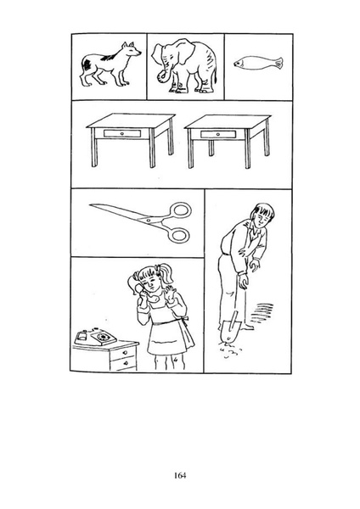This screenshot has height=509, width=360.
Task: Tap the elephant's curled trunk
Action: point(162,76)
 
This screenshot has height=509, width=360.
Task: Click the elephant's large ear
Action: point(184,51)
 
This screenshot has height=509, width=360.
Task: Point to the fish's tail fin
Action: point(278,63)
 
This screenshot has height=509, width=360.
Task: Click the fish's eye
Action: point(239,64)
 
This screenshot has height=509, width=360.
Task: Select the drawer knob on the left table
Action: point(121,133)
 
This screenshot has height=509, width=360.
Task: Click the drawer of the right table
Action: point(218,134)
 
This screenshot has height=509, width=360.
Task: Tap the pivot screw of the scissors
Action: point(149,221)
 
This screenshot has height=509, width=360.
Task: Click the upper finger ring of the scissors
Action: point(180,210)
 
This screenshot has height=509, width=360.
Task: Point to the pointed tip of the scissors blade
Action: point(90,204)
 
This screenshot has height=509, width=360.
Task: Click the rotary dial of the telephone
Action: point(104,337)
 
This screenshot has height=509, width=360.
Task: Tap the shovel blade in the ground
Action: point(230,331)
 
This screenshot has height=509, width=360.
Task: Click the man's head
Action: point(262,215)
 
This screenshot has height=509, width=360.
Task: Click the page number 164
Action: point(180,476)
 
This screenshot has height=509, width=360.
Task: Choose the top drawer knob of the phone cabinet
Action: point(125,353)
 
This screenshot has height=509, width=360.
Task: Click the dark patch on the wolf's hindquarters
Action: point(87,64)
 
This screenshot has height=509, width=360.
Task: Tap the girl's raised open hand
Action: point(171,293)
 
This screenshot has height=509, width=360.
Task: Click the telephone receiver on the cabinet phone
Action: point(83,336)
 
